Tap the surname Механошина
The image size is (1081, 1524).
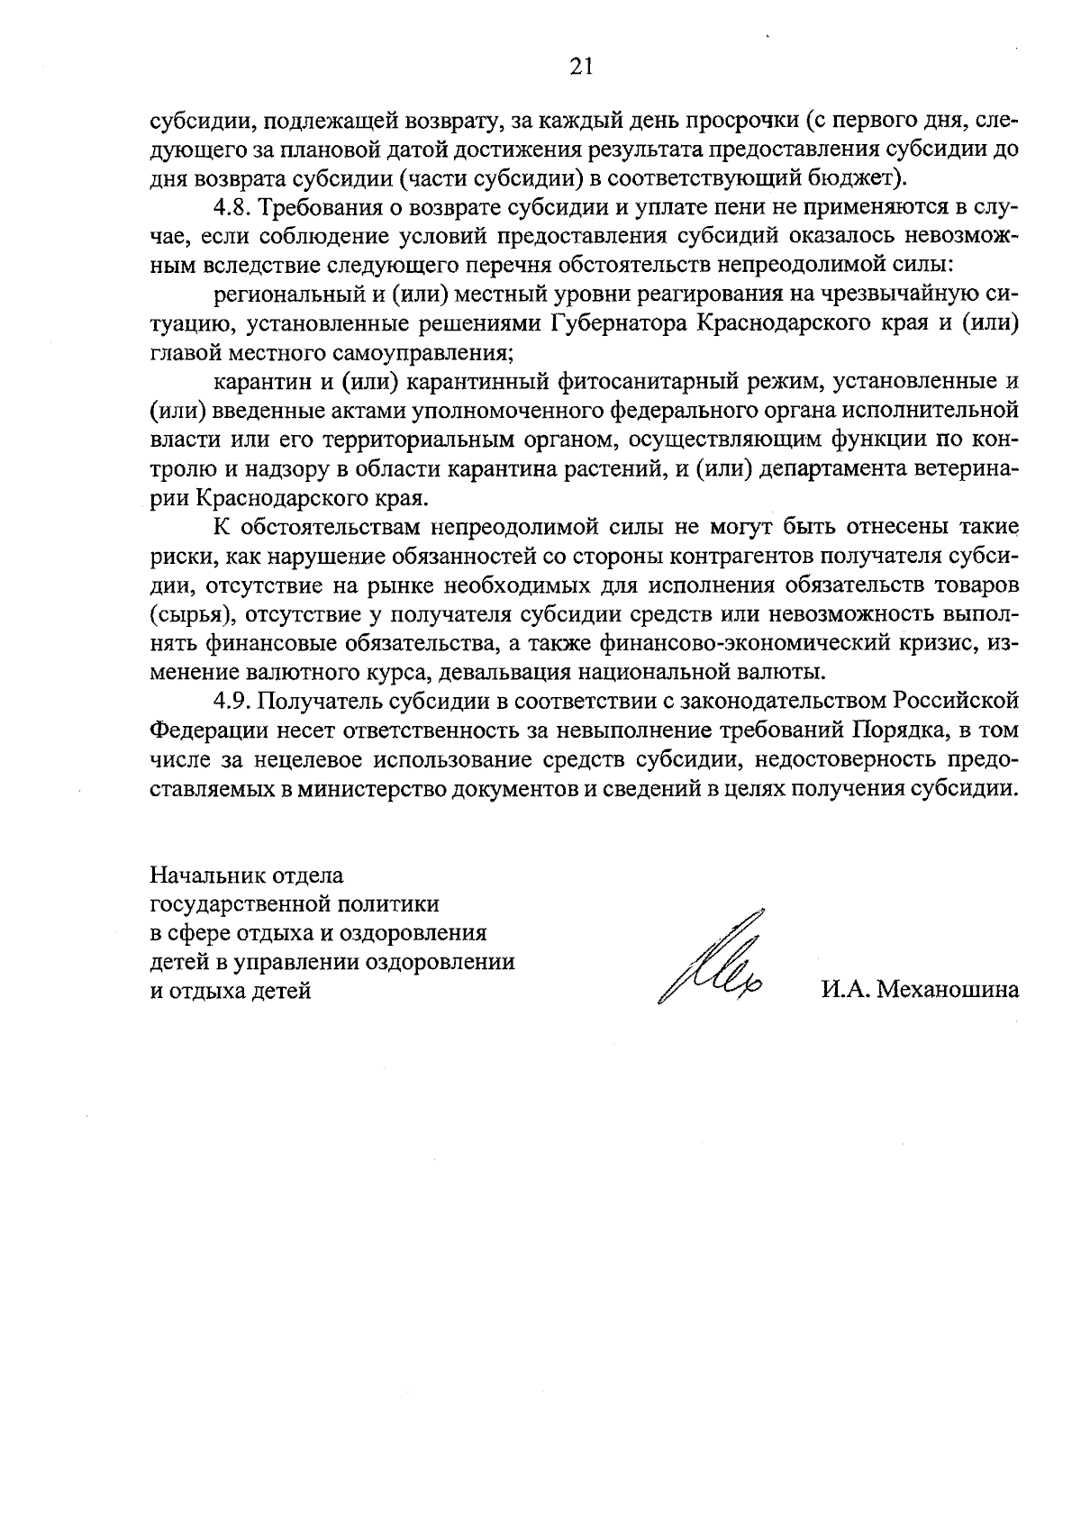pos(948,991)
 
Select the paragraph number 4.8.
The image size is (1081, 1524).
pos(233,208)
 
